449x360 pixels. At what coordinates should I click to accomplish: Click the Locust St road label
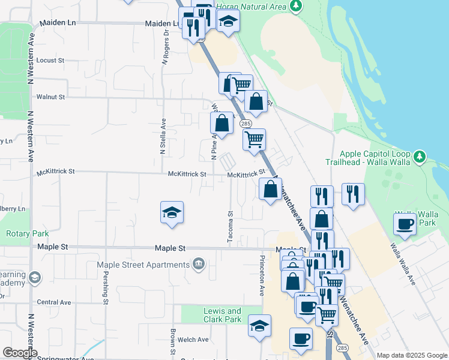click(x=50, y=61)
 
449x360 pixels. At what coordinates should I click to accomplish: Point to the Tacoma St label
click(x=230, y=227)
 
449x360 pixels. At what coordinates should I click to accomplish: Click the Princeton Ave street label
click(x=262, y=275)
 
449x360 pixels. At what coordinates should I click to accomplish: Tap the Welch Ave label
click(x=196, y=340)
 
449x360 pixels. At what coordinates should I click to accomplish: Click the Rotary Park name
click(x=19, y=233)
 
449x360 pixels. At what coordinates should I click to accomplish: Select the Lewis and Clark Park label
click(x=222, y=315)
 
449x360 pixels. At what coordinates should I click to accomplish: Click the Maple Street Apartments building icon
click(x=198, y=263)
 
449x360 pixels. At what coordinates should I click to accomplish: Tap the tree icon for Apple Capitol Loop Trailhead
click(x=420, y=157)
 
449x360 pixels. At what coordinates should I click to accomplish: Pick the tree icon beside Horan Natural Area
click(x=295, y=6)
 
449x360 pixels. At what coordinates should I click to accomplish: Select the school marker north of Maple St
click(x=172, y=212)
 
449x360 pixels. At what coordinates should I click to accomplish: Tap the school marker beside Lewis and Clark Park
click(x=259, y=326)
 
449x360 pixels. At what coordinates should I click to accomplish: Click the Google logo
click(x=20, y=353)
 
